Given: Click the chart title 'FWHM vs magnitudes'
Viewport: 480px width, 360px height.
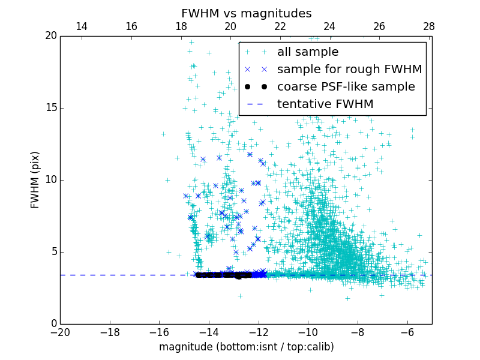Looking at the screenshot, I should [x=247, y=13].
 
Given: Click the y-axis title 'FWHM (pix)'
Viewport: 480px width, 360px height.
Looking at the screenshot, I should [x=35, y=180].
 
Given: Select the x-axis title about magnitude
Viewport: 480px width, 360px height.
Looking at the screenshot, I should [x=247, y=347].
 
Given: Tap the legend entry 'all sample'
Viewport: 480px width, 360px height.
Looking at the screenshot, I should [x=308, y=52].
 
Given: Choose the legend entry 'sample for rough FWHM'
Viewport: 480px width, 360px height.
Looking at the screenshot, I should [x=349, y=70].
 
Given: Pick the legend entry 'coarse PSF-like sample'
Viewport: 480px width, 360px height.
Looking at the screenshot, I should [x=346, y=87].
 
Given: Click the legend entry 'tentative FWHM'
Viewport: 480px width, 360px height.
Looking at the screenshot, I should [x=325, y=104].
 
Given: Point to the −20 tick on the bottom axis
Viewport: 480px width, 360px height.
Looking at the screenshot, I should [x=60, y=332].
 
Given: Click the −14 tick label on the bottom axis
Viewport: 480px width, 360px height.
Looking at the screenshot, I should [x=208, y=332].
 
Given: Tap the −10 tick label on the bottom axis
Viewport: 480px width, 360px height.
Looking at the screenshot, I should [x=307, y=332].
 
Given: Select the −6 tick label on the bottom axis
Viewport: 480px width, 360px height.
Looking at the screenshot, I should [x=407, y=332].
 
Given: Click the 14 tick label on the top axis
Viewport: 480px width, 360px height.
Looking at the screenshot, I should [x=82, y=26].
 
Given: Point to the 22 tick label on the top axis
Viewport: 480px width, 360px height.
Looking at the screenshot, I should [x=280, y=26].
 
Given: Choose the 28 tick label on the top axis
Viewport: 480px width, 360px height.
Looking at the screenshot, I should [x=429, y=26].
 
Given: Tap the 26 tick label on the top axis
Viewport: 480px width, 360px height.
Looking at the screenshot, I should [x=379, y=26].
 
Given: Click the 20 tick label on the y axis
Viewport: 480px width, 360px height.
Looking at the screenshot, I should [x=50, y=36].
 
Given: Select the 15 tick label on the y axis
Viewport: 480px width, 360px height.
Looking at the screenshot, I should [x=50, y=108].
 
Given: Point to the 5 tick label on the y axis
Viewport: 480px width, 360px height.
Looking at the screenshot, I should [x=53, y=252].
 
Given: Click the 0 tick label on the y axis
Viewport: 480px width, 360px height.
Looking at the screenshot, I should [x=53, y=324].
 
